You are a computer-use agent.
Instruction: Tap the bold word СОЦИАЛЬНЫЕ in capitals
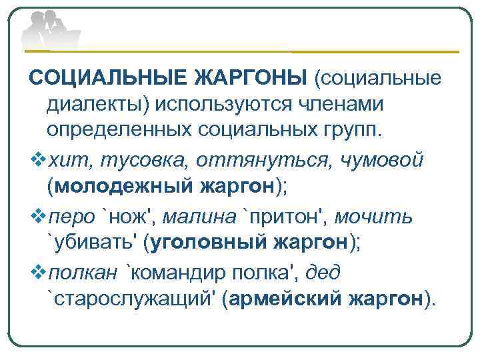point(106,79)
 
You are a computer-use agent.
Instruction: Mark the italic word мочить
point(373,216)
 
